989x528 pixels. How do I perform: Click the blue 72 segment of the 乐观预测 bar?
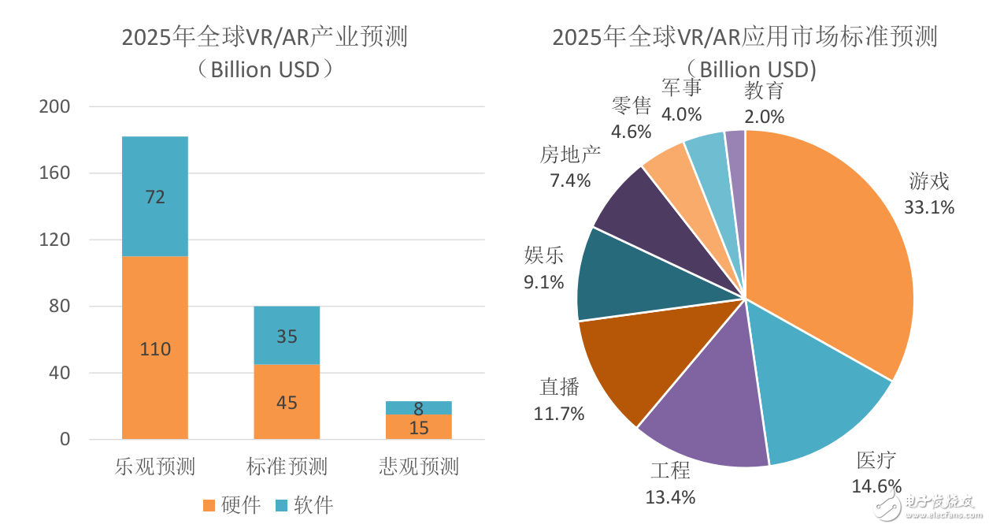click(155, 197)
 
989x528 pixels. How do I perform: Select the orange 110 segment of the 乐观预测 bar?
click(155, 348)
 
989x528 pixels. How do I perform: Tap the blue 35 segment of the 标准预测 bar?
click(287, 336)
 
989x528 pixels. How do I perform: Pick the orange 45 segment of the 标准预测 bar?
click(287, 402)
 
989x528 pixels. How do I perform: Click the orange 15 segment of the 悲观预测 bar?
click(419, 427)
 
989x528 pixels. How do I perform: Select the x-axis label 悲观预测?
click(419, 467)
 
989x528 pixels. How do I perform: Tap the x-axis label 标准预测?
click(287, 467)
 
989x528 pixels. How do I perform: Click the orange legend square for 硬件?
click(209, 505)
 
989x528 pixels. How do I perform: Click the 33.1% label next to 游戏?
click(930, 207)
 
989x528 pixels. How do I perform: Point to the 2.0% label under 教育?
click(765, 117)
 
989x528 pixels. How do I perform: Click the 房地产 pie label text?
click(571, 154)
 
